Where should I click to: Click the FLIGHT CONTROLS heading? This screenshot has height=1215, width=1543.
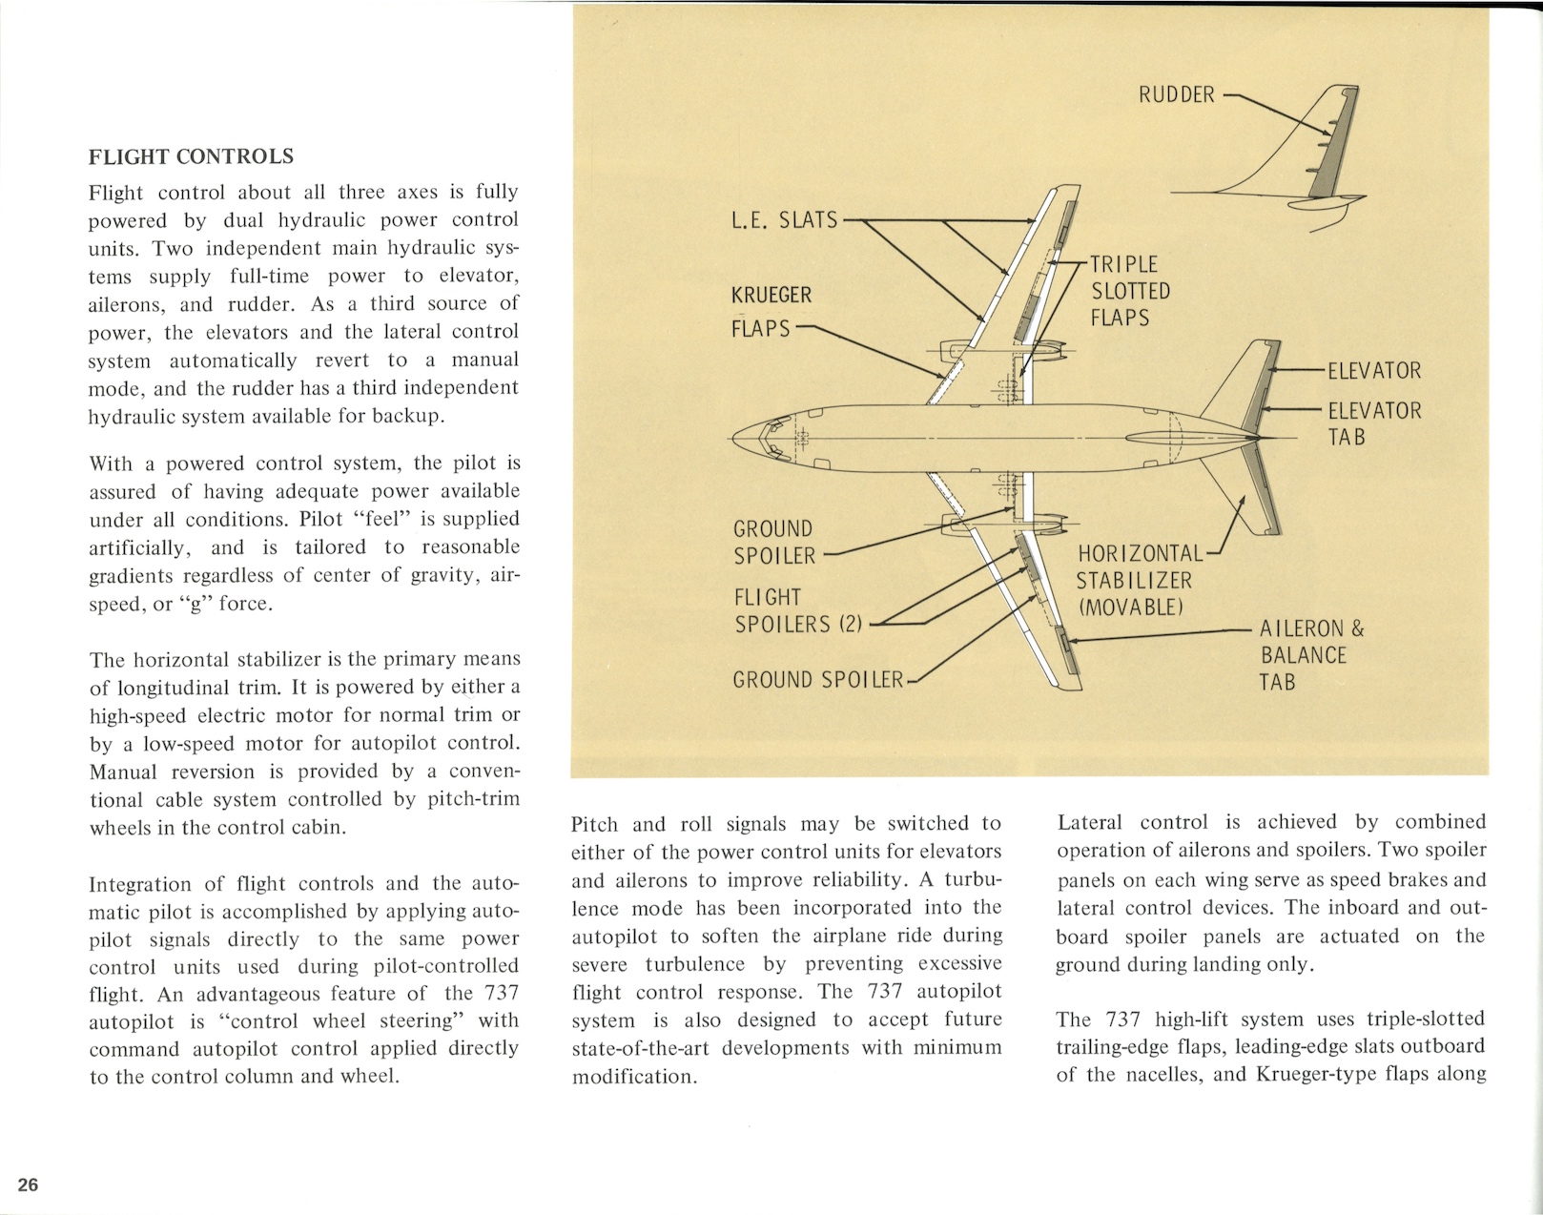pos(191,156)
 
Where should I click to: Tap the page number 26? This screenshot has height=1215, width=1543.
pos(29,1184)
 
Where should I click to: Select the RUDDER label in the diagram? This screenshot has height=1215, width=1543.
pos(1177,94)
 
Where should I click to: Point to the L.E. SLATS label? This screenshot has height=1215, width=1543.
pos(784,220)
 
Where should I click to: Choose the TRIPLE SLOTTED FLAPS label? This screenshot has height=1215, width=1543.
pos(1130,291)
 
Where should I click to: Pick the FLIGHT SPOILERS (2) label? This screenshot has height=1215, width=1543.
pos(797,610)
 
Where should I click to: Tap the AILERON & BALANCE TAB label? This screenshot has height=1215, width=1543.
pos(1311,655)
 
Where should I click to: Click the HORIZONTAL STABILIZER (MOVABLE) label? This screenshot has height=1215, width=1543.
pos(1139,580)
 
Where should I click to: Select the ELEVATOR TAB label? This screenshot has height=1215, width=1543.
pos(1373,423)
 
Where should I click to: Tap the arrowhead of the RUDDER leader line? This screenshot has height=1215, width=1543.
pos(1321,123)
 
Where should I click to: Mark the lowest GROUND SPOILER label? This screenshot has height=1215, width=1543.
pos(817,680)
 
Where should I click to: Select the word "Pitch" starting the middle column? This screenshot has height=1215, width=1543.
pos(595,824)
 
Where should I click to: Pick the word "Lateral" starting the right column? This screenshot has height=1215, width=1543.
pos(1090,822)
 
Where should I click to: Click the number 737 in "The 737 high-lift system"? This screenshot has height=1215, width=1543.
pos(1124,1019)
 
